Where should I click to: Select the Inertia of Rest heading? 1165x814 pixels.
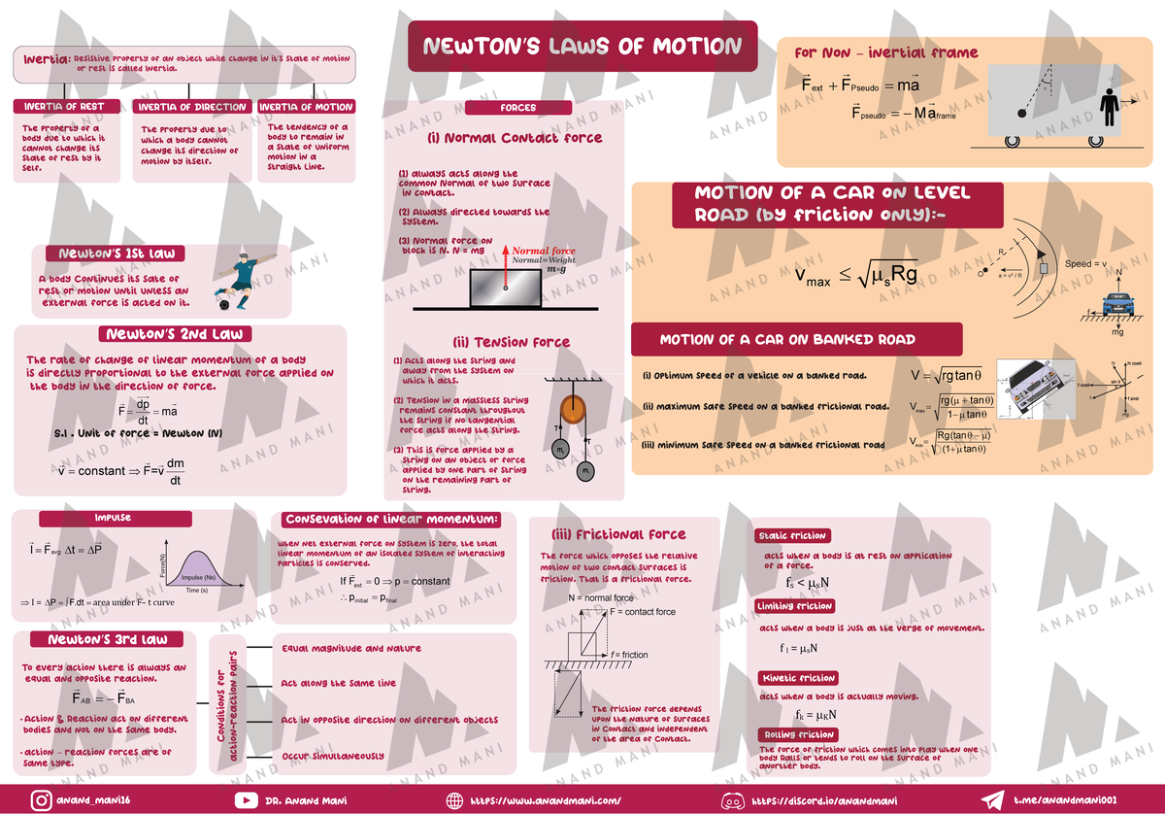click(x=66, y=107)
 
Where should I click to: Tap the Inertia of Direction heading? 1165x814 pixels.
click(x=192, y=107)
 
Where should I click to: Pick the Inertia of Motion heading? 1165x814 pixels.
click(x=307, y=107)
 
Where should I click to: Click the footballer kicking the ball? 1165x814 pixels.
click(x=237, y=282)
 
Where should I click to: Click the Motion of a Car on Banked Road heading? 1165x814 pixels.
click(x=787, y=340)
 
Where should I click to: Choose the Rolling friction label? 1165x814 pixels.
click(x=796, y=734)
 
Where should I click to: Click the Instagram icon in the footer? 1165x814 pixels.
click(x=41, y=800)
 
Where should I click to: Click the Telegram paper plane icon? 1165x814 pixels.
click(x=992, y=800)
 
